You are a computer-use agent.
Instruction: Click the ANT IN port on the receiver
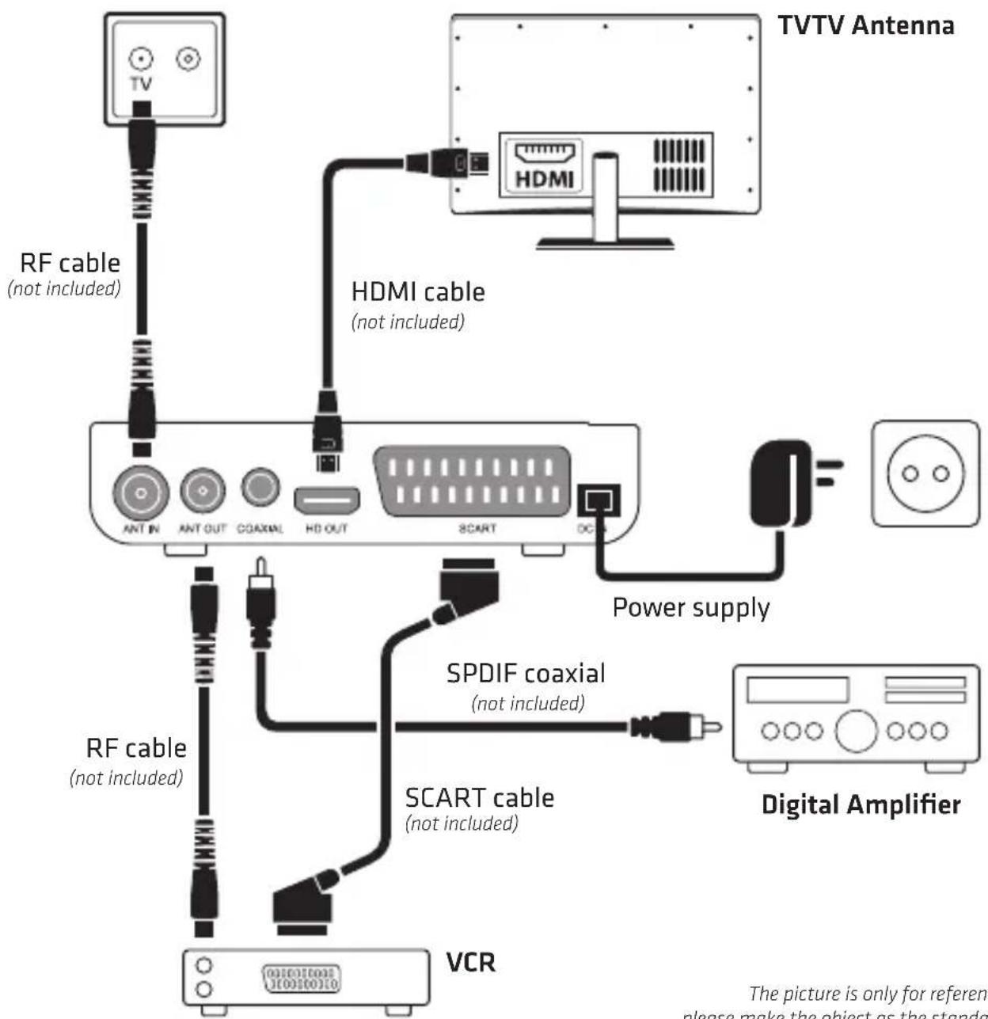pos(141,492)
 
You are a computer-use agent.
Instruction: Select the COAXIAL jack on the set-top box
pos(260,487)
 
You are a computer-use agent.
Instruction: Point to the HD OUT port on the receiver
pos(327,500)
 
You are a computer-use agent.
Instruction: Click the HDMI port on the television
pos(545,153)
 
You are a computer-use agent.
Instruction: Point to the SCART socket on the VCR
pos(301,979)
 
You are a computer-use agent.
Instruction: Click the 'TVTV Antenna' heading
pos(866,25)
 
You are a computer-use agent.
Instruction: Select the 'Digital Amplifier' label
pos(861,804)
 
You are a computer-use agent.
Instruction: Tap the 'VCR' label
pos(471,962)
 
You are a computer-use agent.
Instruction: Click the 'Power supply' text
pos(691,607)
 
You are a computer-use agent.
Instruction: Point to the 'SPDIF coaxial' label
pos(526,673)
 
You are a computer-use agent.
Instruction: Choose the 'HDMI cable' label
pos(418,291)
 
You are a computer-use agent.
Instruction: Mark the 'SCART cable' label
pos(479,797)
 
